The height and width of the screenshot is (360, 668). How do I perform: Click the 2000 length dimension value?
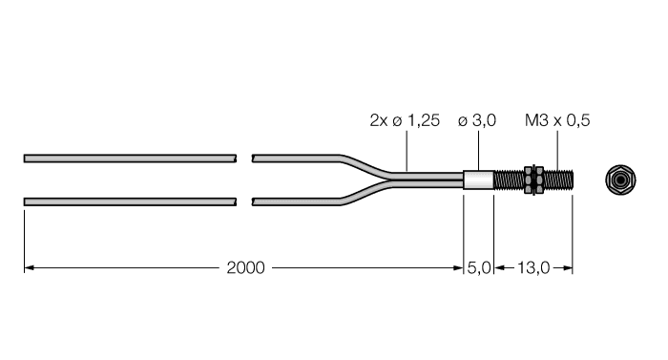[x=247, y=268]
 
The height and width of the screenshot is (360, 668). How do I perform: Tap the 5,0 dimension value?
[x=478, y=268]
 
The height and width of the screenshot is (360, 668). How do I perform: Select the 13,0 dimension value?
[x=532, y=268]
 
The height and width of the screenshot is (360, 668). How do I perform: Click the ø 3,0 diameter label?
[x=480, y=121]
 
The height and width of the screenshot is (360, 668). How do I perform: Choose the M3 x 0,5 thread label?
[x=559, y=121]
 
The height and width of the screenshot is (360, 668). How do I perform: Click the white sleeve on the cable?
[x=478, y=179]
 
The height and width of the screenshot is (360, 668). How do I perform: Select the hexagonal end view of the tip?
[x=621, y=179]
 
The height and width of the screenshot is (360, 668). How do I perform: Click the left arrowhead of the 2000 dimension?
[x=29, y=268]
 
